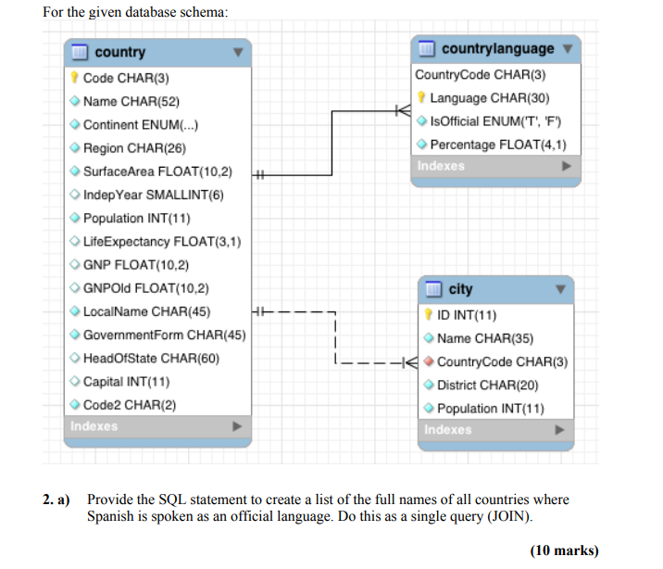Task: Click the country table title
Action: [x=119, y=53]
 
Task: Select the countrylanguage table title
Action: [x=497, y=48]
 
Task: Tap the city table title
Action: [x=460, y=290]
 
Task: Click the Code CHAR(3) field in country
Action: [x=126, y=78]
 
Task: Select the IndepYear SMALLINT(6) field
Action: [x=153, y=195]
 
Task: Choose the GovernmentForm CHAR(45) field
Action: [x=164, y=335]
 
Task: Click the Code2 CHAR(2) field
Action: [x=130, y=404]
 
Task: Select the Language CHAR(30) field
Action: [x=490, y=97]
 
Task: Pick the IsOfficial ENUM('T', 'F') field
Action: [x=495, y=120]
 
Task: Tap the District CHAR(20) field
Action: [x=487, y=385]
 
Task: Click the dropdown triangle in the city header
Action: [x=560, y=290]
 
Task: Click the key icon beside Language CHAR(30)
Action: [x=422, y=97]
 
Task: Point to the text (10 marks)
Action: [x=564, y=550]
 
